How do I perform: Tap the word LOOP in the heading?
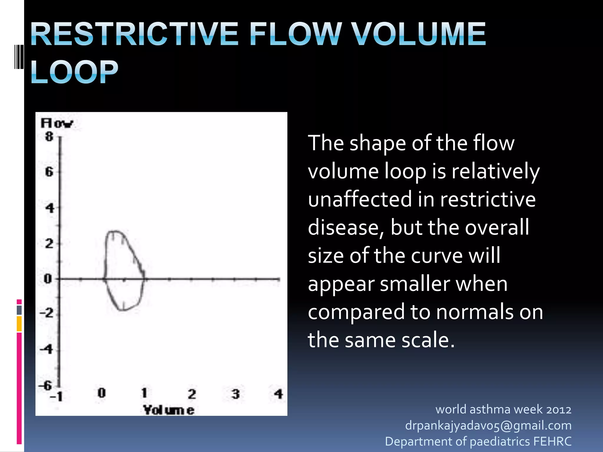[x=74, y=72]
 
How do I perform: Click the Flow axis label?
[x=57, y=123]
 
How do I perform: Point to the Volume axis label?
[x=169, y=410]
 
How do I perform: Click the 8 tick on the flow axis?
[x=49, y=137]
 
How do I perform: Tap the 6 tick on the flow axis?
[x=49, y=172]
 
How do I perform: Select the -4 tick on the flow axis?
[x=47, y=349]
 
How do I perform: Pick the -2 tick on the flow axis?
[x=47, y=313]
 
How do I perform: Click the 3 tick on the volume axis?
[x=236, y=394]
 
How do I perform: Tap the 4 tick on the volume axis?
[x=279, y=394]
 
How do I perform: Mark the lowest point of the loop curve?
[x=122, y=310]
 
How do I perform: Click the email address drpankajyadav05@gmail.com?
[x=488, y=426]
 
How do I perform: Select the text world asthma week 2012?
[x=503, y=409]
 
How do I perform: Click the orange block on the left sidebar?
[x=19, y=324]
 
